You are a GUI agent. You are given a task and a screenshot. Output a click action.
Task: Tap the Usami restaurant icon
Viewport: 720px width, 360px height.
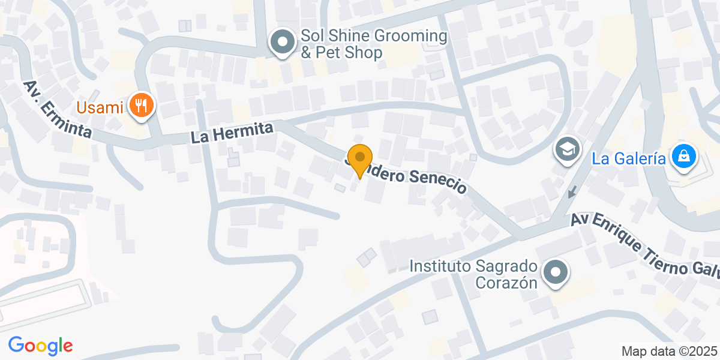click(142, 106)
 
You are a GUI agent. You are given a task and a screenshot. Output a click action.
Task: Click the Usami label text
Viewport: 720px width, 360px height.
click(100, 108)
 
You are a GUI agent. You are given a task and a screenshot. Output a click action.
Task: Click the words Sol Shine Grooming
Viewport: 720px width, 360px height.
click(374, 36)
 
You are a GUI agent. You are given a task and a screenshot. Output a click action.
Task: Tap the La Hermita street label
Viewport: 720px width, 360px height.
click(232, 133)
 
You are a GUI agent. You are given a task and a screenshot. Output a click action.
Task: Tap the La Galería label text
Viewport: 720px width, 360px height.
click(629, 158)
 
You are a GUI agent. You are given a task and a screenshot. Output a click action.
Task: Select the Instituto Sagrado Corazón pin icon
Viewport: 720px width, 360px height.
click(556, 272)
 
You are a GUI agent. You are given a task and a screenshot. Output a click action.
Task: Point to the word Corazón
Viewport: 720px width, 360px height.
click(506, 283)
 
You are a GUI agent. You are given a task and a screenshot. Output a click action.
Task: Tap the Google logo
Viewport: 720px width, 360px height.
click(40, 345)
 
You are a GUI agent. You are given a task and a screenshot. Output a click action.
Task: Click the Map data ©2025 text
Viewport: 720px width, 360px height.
click(669, 351)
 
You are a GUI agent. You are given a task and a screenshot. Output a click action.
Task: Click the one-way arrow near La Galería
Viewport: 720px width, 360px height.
click(572, 192)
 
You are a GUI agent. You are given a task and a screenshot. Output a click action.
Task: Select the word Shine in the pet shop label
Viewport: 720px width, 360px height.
click(351, 36)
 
